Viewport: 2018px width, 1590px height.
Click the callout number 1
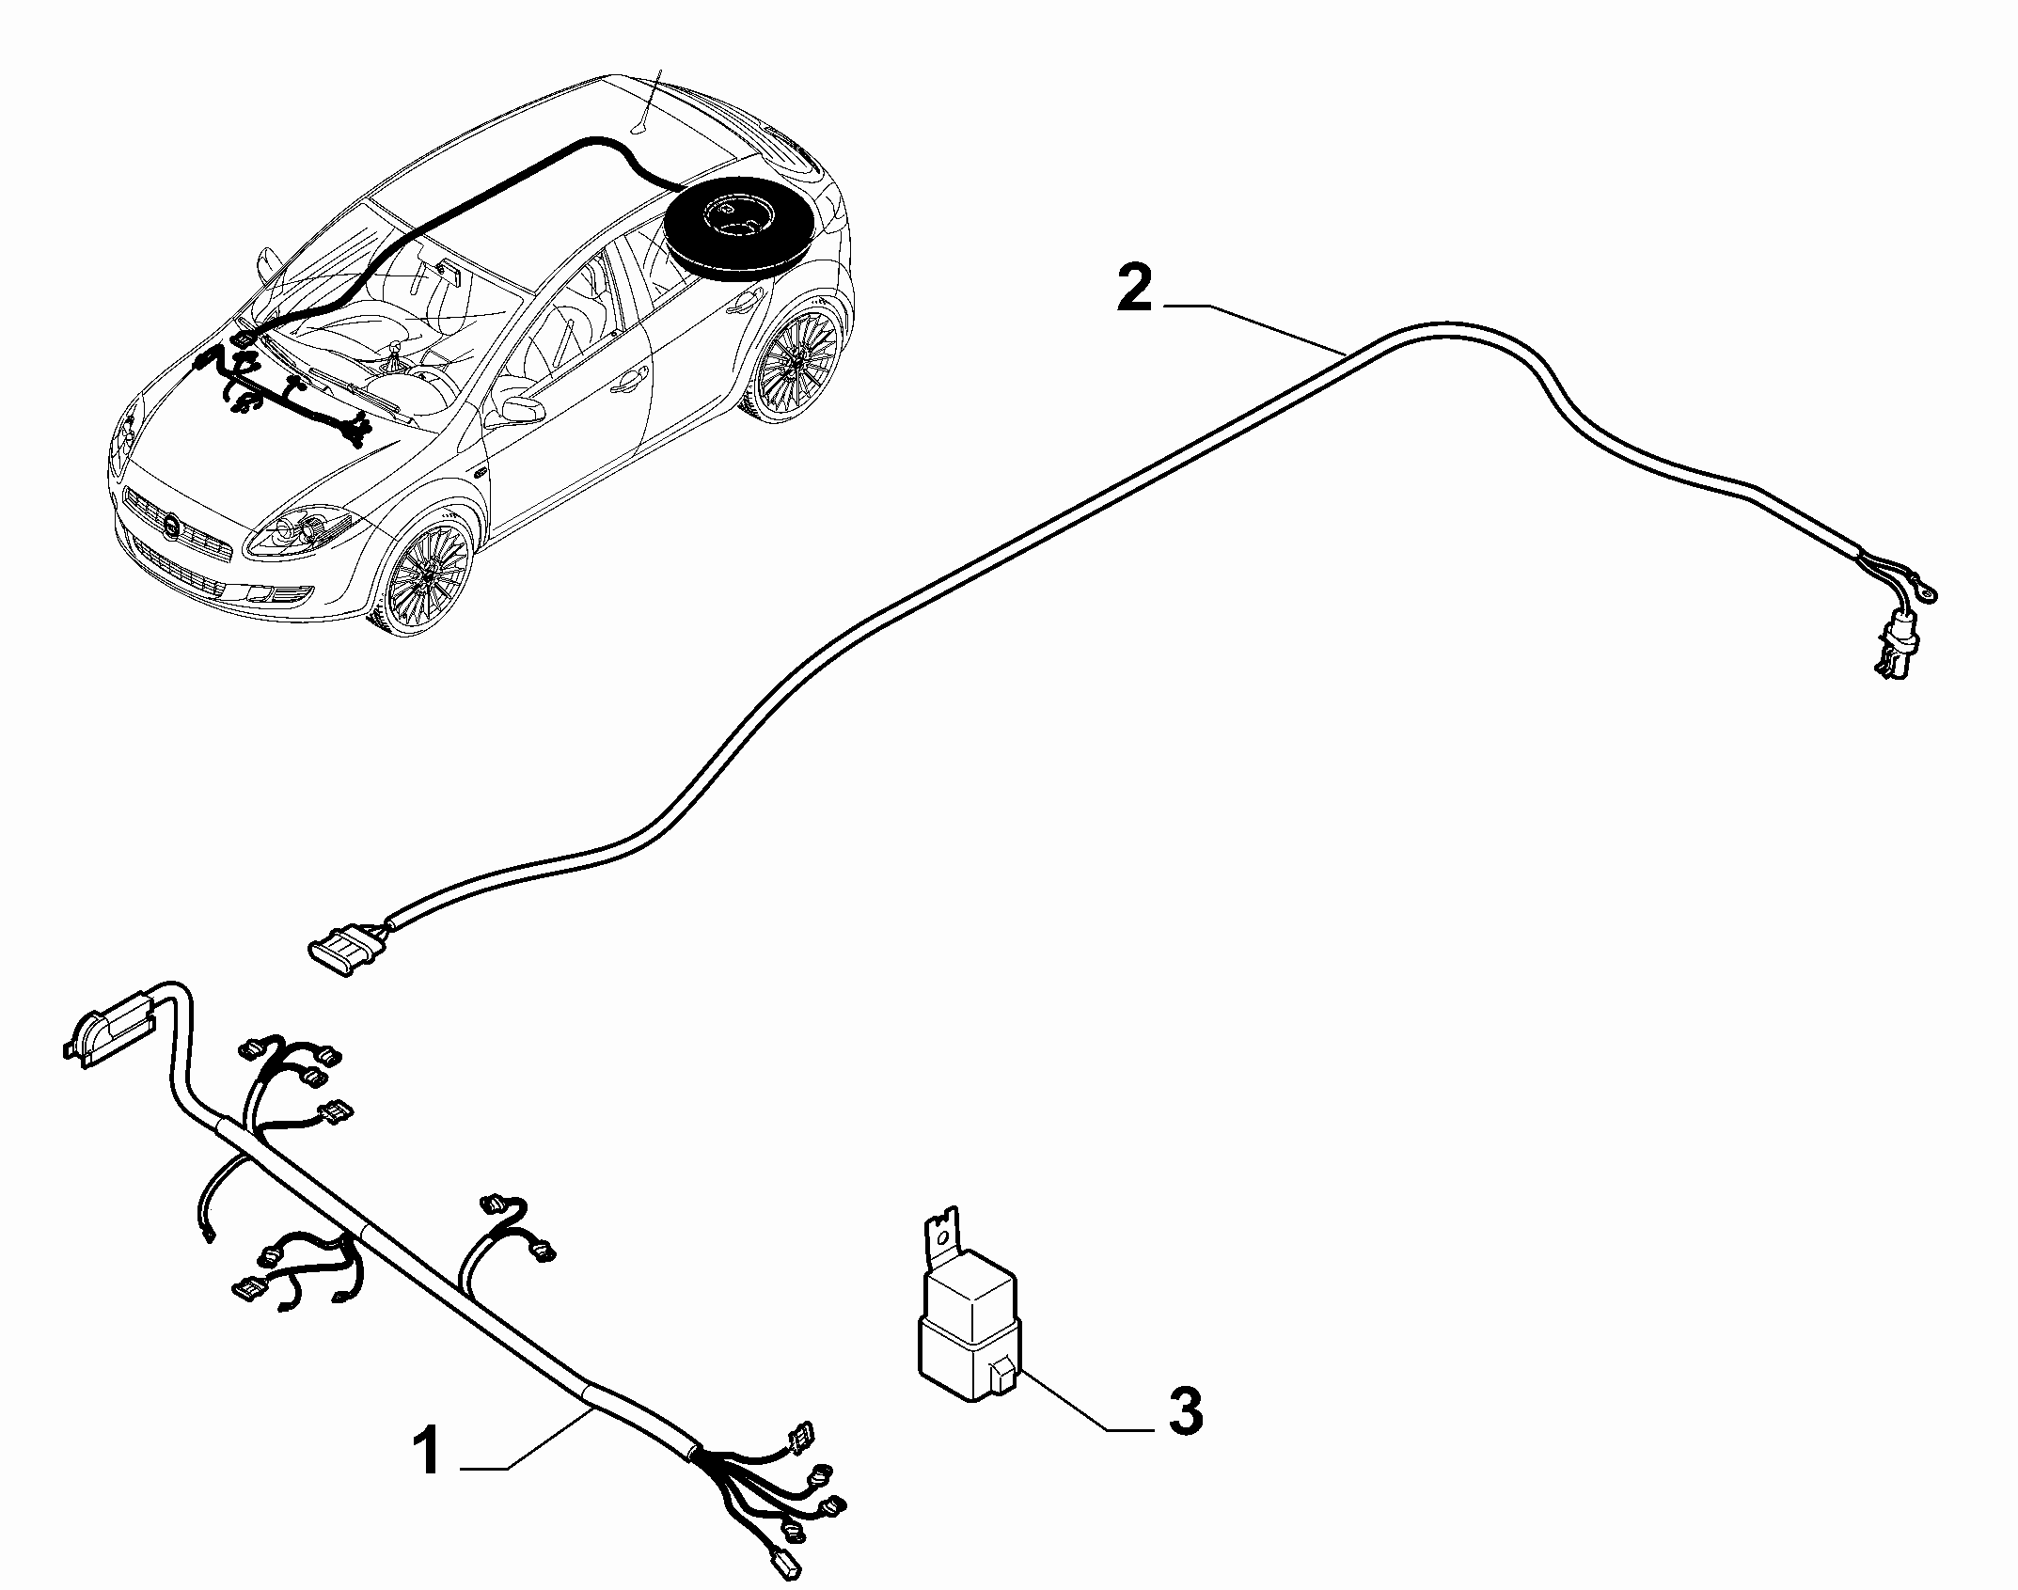(429, 1476)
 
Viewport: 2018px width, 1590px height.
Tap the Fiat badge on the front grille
(171, 529)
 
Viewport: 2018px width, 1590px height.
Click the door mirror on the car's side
(516, 412)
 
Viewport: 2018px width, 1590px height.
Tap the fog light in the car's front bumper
(283, 593)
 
